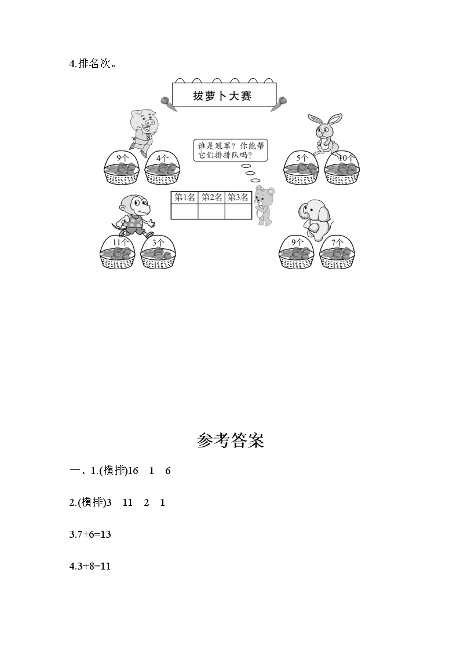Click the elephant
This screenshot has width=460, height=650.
pyautogui.click(x=314, y=219)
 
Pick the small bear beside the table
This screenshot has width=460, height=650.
pyautogui.click(x=264, y=205)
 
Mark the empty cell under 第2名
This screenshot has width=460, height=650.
pyautogui.click(x=211, y=212)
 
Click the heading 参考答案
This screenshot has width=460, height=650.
pyautogui.click(x=230, y=441)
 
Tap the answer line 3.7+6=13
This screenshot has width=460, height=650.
pyautogui.click(x=90, y=534)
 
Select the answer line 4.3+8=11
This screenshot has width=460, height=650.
pyautogui.click(x=90, y=566)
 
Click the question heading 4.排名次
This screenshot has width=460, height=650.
pyautogui.click(x=92, y=64)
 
